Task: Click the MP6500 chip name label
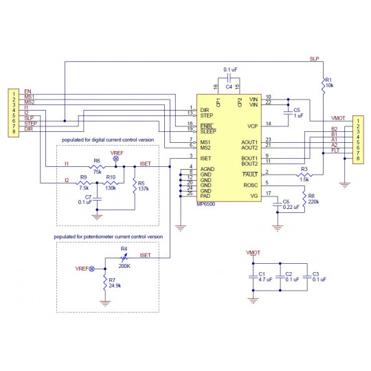point(208,204)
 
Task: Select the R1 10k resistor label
point(328,82)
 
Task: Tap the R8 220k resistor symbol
point(305,199)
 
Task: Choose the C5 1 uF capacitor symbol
point(288,112)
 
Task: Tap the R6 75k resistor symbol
point(97,166)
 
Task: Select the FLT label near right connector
point(335,150)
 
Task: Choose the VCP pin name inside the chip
point(251,126)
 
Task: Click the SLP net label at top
point(313,58)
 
